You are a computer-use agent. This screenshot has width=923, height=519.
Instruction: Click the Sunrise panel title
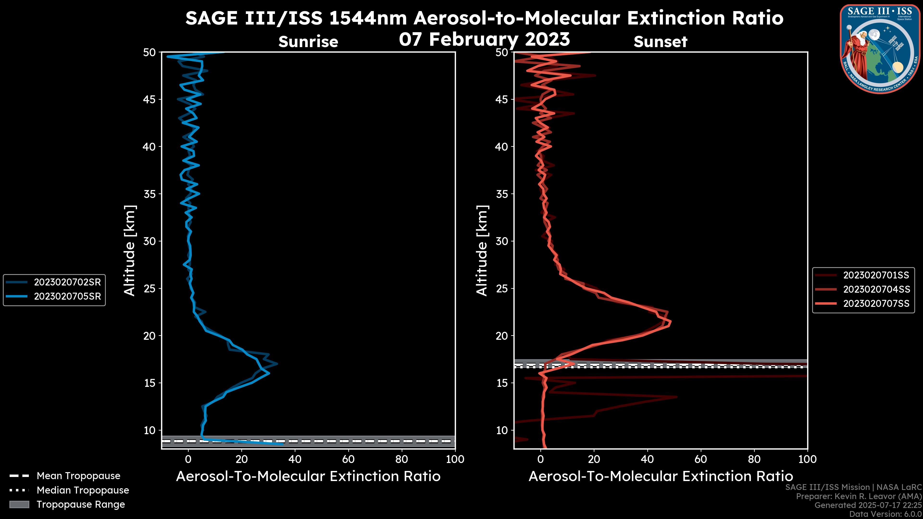(x=308, y=42)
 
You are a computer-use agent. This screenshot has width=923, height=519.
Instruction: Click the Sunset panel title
(x=660, y=42)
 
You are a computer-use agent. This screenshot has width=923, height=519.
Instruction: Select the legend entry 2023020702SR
(x=67, y=282)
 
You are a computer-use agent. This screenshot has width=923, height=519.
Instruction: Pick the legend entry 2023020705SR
(x=67, y=297)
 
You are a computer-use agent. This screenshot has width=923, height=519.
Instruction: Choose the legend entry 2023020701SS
(x=876, y=275)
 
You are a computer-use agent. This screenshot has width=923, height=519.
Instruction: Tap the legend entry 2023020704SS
(x=876, y=289)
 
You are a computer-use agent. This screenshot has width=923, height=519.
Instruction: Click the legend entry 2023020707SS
(x=876, y=304)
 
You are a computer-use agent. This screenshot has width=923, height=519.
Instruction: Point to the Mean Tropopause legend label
(x=78, y=476)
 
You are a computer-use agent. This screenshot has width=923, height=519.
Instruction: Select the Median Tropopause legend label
(x=83, y=490)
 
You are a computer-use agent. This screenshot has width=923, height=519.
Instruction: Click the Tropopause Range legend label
(x=81, y=505)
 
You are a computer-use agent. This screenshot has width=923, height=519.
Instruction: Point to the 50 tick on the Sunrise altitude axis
(x=150, y=53)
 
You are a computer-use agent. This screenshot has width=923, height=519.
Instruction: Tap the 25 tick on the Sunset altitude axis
(x=502, y=289)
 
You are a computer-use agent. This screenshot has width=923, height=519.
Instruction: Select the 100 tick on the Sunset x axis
(x=808, y=459)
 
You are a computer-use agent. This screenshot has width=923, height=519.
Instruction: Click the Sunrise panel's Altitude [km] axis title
(x=130, y=251)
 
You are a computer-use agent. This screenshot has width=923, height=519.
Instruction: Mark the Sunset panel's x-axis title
(x=660, y=476)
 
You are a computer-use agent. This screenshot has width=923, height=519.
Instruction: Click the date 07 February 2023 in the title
(x=484, y=39)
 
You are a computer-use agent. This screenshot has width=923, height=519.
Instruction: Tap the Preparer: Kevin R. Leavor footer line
(x=859, y=496)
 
